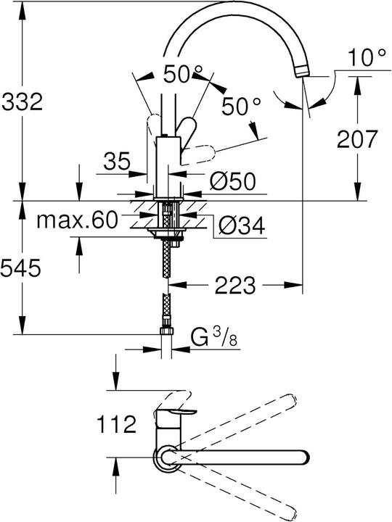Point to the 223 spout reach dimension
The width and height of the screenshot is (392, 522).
234,286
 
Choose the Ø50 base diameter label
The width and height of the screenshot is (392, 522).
234,181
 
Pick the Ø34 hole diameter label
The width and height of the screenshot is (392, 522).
240,228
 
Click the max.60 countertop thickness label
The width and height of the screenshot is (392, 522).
76,220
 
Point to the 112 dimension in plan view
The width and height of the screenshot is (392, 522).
116,424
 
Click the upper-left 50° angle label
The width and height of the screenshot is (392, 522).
182,73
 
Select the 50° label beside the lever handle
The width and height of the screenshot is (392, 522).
240,107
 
